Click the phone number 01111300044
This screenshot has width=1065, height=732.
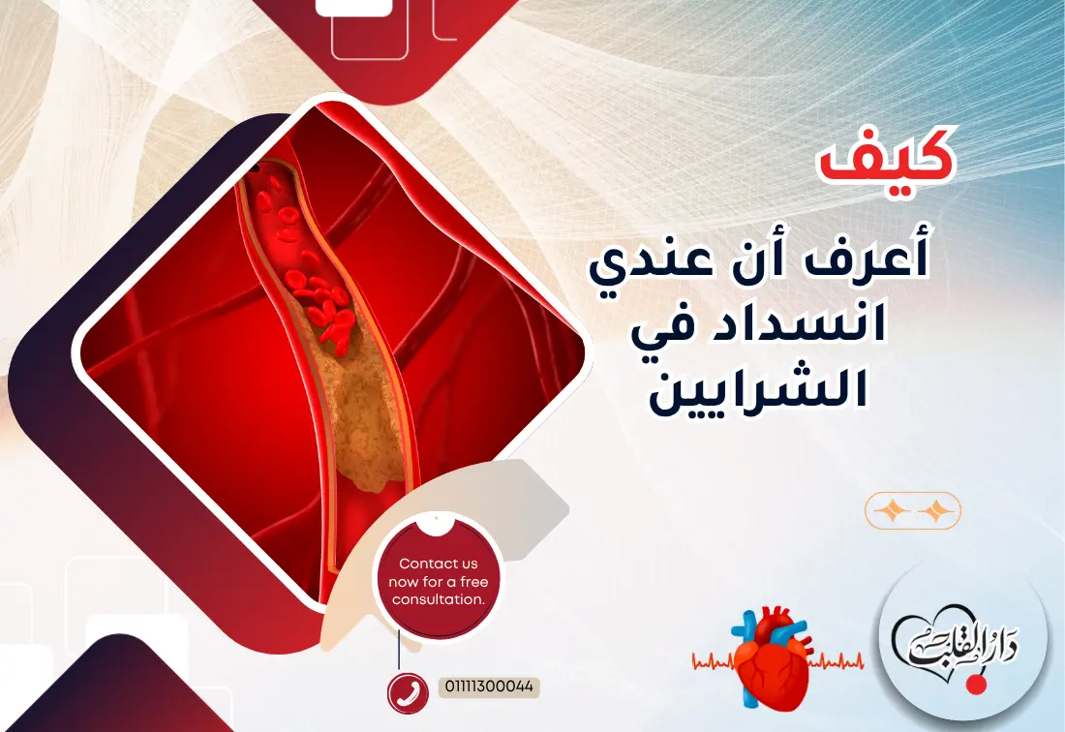tap(490, 686)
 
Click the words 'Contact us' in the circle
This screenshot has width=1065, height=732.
tap(438, 564)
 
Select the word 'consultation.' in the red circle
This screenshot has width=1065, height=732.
tap(438, 599)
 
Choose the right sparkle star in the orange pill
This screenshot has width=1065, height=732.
tap(935, 510)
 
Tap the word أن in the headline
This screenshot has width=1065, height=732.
tap(771, 263)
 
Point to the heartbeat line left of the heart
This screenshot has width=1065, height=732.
tap(712, 662)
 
